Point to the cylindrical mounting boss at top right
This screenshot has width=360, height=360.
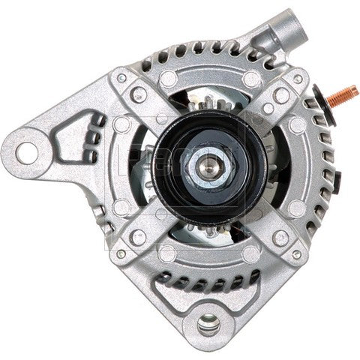(284, 30)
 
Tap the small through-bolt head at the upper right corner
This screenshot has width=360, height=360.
(298, 79)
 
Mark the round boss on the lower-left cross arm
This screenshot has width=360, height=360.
(138, 237)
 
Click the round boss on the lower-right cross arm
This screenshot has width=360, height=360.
(280, 238)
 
